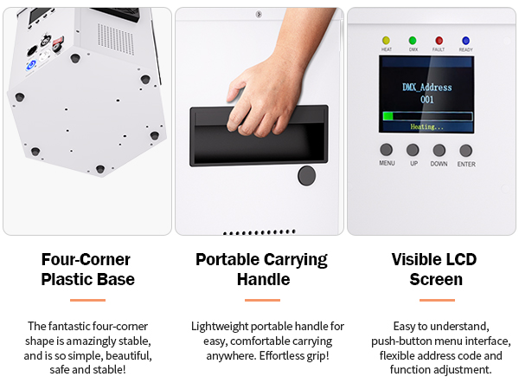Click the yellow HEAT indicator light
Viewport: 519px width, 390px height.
click(386, 41)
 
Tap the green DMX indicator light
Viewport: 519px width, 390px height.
click(413, 41)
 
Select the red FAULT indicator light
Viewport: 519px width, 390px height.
click(439, 41)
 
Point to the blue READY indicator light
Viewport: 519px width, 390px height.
click(465, 41)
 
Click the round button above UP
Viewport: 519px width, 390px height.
click(413, 150)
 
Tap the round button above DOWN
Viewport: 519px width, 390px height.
click(439, 150)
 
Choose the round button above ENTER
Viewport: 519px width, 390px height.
click(465, 151)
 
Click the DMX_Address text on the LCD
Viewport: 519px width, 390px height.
click(427, 88)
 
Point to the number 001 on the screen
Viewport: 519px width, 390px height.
click(427, 100)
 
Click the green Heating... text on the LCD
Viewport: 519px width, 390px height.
click(426, 127)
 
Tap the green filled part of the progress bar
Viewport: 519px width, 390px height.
click(388, 116)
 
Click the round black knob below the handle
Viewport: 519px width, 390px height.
click(306, 175)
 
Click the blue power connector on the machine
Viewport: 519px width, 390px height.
click(31, 65)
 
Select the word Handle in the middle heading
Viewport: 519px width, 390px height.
click(264, 279)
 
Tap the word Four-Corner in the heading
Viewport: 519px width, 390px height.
click(86, 259)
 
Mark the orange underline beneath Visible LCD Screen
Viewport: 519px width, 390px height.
click(437, 300)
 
